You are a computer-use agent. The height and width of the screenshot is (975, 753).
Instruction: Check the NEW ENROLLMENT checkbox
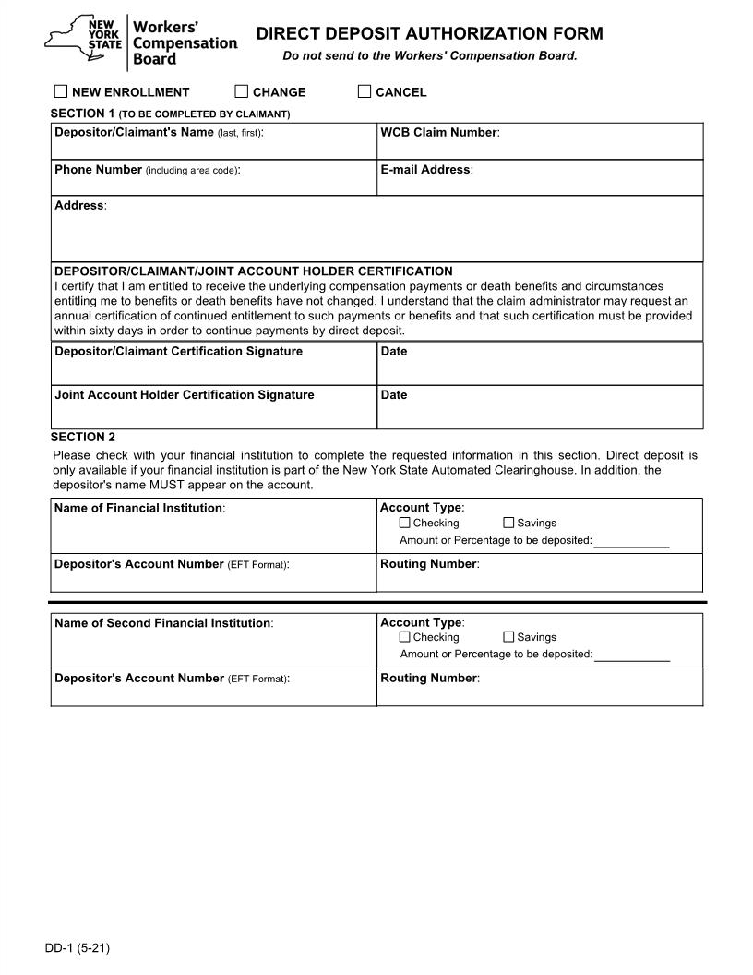[x=61, y=91]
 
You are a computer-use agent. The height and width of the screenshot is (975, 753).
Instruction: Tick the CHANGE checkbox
[x=242, y=91]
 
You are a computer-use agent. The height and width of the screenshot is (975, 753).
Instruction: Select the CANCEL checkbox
[x=365, y=91]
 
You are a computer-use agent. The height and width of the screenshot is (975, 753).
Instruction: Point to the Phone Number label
[x=98, y=170]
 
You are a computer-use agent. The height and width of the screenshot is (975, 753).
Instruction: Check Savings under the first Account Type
[x=508, y=523]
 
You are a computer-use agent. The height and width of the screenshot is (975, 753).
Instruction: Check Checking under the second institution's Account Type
[x=405, y=637]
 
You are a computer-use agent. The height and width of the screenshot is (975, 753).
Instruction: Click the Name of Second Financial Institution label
[x=162, y=623]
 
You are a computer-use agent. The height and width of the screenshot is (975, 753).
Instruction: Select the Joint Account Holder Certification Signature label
[x=184, y=395]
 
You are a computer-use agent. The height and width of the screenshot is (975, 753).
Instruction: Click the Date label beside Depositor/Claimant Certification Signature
[x=394, y=352]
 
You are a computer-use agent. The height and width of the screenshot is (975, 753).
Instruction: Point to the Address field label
[x=79, y=206]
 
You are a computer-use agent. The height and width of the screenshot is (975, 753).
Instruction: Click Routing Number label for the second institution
[x=429, y=679]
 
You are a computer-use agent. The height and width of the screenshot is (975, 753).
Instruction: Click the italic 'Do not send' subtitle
[x=429, y=56]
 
